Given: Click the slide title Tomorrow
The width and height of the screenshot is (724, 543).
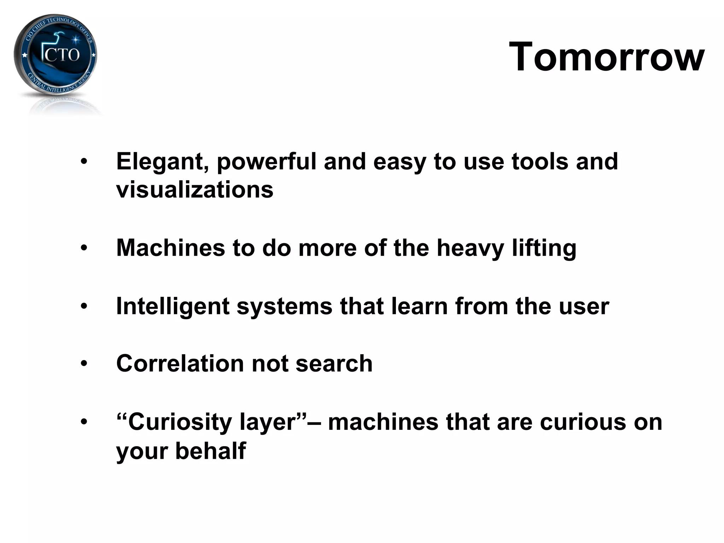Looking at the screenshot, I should point(607,57).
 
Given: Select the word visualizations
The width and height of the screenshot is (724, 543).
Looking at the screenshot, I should point(195,190).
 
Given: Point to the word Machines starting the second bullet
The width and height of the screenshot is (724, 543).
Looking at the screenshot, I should point(170,248).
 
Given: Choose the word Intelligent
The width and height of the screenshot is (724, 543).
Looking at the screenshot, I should point(173,306).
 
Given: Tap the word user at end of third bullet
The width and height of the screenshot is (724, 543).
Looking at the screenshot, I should point(584,306).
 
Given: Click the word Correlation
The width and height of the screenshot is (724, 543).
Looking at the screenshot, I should point(180,364).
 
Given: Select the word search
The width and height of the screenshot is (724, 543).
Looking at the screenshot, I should point(334,364).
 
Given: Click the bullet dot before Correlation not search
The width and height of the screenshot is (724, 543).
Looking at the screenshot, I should point(84,364).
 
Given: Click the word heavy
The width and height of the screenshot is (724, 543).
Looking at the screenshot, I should point(470,249).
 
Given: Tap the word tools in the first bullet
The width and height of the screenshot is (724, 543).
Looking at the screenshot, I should point(540,162).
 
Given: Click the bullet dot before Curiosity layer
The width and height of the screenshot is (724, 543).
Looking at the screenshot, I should point(84,422).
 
